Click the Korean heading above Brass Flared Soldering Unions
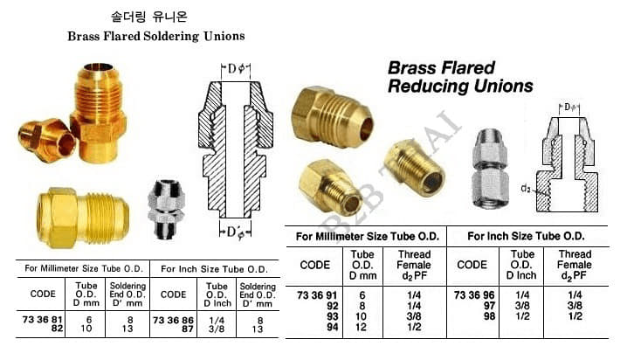click(148, 17)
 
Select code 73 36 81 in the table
click(43, 320)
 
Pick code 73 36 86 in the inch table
click(173, 321)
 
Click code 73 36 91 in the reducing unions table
click(317, 295)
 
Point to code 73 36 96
click(474, 295)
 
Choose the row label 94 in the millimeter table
click(333, 327)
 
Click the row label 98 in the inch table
click(489, 316)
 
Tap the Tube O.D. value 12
click(361, 327)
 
